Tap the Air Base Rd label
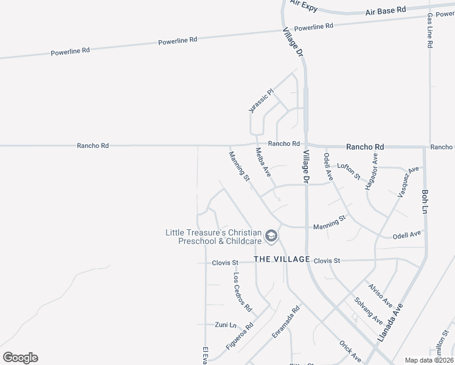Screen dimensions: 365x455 coord(386,10)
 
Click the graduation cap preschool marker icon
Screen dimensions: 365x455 coord(271,236)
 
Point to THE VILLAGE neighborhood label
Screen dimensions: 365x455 coord(282,259)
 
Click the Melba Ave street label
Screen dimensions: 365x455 coord(263,162)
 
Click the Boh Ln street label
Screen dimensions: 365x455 coord(425,201)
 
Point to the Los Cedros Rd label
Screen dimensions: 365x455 coord(243,291)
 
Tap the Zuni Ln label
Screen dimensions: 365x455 coord(225,324)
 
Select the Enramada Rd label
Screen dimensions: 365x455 coord(287,322)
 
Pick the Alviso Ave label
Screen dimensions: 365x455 coord(380,295)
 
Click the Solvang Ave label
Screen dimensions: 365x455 coord(369,311)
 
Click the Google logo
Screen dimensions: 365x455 coord(20,357)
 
